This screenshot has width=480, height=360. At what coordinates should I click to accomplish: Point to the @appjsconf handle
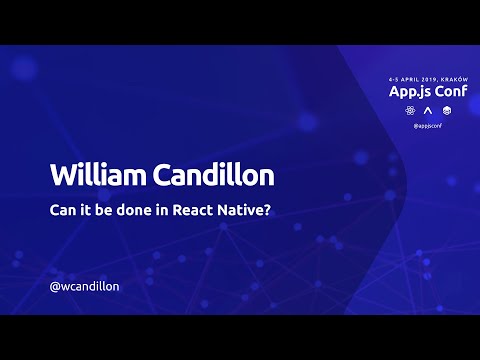(x=427, y=126)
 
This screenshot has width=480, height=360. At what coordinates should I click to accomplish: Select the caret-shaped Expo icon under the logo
(x=427, y=109)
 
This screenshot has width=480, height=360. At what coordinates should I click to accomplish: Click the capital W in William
(x=62, y=174)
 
